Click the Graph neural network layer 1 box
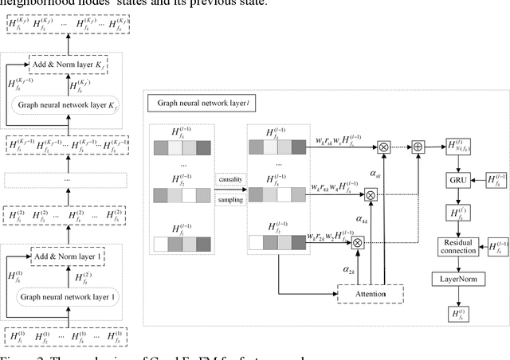[69, 297]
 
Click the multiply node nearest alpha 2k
[357, 243]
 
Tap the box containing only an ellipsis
[69, 181]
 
